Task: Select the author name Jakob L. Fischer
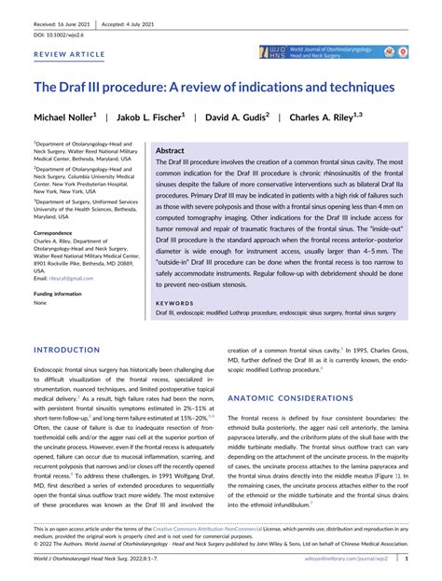coord(152,118)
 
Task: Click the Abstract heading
coord(170,150)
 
